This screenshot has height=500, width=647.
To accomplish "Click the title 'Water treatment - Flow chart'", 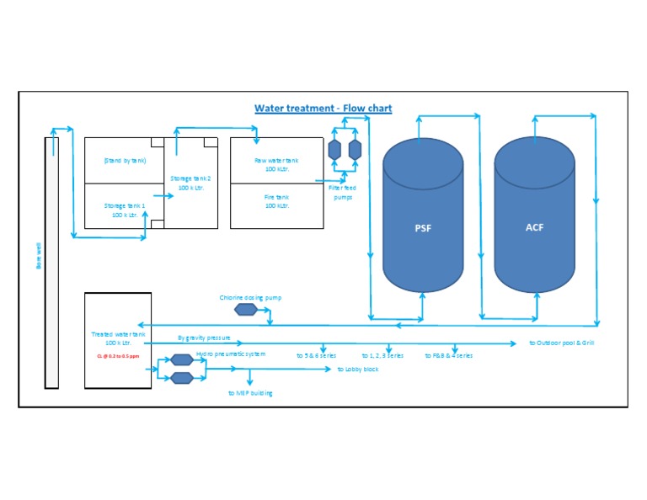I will click(323, 109).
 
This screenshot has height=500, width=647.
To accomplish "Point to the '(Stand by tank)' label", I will click(125, 160).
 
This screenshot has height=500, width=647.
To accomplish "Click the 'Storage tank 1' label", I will click(125, 210).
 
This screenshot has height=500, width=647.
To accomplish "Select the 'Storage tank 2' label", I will click(190, 183).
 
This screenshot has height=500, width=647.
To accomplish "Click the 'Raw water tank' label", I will click(276, 164).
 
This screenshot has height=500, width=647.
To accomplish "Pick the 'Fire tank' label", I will click(276, 201).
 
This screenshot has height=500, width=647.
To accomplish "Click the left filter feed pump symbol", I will click(334, 150).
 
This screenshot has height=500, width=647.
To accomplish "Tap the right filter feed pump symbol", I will click(355, 150).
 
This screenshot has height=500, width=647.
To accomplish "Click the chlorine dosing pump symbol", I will click(245, 309).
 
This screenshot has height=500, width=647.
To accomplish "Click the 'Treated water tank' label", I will click(118, 338).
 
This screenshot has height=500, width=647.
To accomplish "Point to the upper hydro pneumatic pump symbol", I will click(182, 360).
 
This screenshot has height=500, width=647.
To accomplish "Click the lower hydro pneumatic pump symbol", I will click(182, 378).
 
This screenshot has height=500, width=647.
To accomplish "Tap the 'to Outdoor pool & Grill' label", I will click(562, 343).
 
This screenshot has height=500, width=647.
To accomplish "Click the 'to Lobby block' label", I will click(358, 370).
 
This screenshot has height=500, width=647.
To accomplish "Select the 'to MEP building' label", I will click(250, 393).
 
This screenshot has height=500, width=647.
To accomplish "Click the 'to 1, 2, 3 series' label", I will click(382, 356).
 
